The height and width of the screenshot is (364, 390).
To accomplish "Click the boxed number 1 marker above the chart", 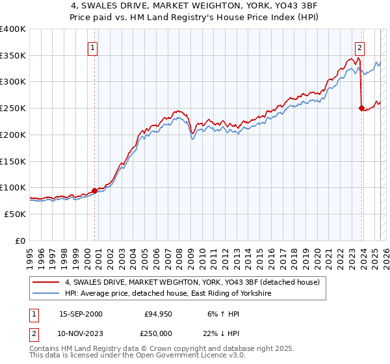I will click(x=94, y=47).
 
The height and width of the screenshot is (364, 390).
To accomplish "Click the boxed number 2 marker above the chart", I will click(x=359, y=47).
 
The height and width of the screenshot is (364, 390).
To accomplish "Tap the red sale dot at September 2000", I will click(x=95, y=190).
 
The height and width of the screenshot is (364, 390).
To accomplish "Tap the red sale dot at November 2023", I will click(x=361, y=109).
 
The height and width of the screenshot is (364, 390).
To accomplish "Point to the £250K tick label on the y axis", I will click(x=13, y=109).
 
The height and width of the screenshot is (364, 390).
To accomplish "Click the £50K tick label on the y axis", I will click(x=16, y=214).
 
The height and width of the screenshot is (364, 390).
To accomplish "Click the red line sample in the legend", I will click(x=46, y=283).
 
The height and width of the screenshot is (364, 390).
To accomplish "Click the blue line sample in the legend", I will click(x=46, y=294).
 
